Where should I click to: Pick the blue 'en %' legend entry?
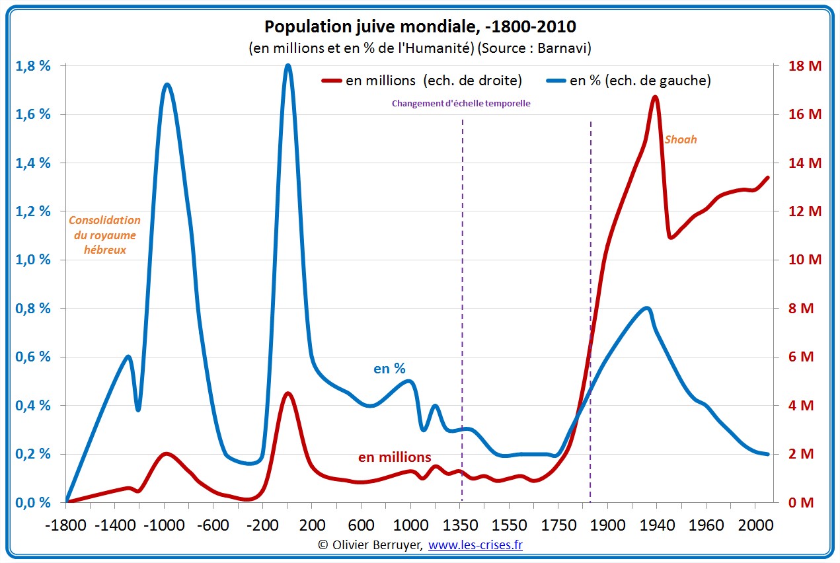point(629,81)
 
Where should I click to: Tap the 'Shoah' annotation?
point(680,139)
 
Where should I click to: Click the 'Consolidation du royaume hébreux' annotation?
point(104,235)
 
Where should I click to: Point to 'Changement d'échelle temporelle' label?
point(461,103)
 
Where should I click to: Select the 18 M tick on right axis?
point(804,65)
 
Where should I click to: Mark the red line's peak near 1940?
point(655,97)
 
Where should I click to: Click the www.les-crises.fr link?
point(476,545)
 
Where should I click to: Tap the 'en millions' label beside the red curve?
point(395,457)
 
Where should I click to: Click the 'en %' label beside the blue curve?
point(389,369)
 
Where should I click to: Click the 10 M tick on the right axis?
point(804,260)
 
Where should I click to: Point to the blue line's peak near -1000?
point(167,85)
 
